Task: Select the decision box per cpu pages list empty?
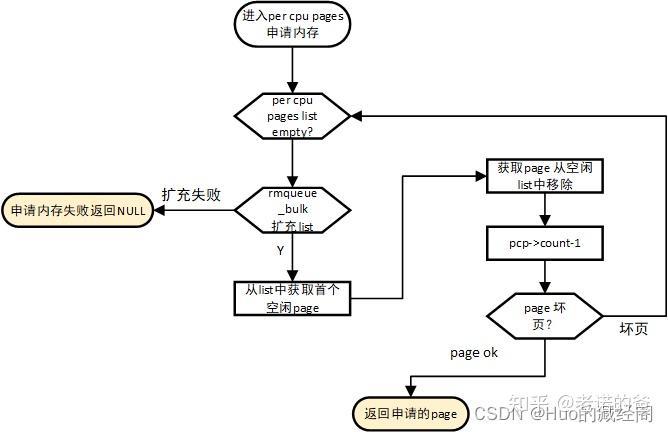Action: point(292,116)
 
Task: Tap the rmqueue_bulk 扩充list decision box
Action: point(292,210)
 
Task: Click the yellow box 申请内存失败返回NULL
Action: point(77,211)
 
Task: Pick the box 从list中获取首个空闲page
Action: point(292,298)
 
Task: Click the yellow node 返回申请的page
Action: point(410,412)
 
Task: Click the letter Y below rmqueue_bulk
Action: point(279,251)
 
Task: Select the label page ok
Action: point(475,353)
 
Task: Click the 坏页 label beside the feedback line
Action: point(633,329)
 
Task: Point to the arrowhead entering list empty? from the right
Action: point(356,116)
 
